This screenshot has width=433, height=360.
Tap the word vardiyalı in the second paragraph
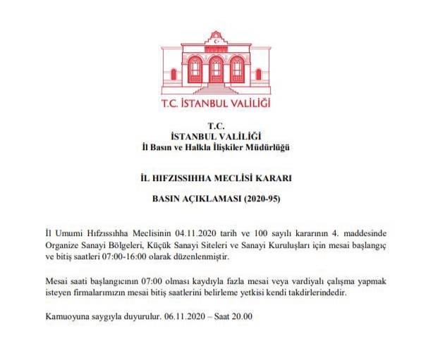308,281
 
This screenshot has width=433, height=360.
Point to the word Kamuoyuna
68,316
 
